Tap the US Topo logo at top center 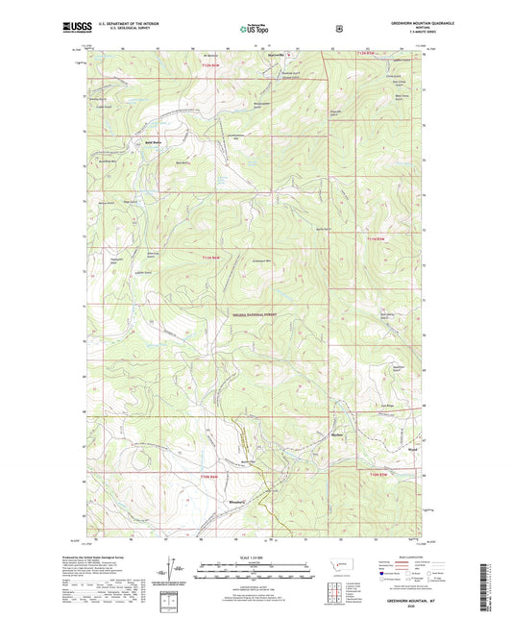pyautogui.click(x=255, y=29)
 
